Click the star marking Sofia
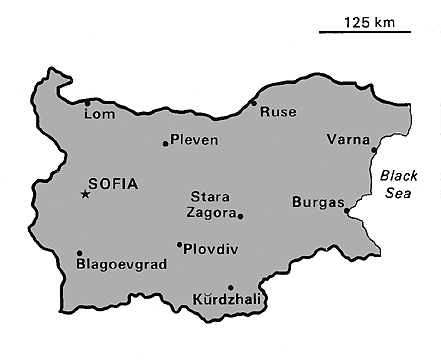click(85, 193)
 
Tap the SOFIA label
click(113, 184)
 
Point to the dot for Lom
click(87, 102)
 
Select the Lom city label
click(102, 114)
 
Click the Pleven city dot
click(165, 144)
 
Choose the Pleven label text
click(194, 140)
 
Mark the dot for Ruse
click(254, 102)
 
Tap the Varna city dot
click(374, 151)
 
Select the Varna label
click(348, 139)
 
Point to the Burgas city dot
click(346, 211)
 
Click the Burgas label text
click(317, 202)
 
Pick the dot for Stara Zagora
click(240, 215)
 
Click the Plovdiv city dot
click(179, 244)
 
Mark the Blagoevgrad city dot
click(79, 253)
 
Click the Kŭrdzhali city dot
click(231, 287)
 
